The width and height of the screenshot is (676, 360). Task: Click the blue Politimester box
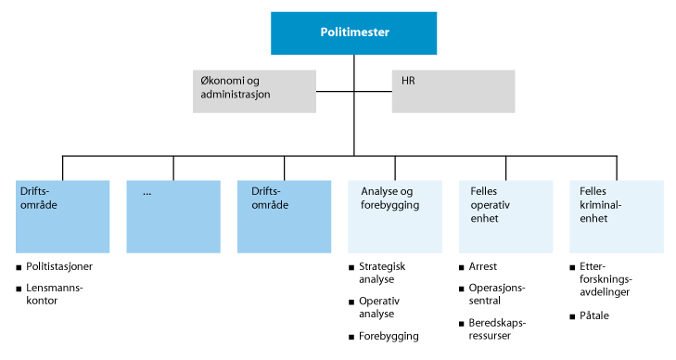(x=353, y=33)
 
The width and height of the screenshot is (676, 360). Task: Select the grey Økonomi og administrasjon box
(x=254, y=91)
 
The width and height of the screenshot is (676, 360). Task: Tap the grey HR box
(x=453, y=91)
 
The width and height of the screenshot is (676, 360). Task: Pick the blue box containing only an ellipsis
(x=172, y=216)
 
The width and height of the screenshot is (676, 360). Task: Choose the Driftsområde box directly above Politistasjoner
(x=62, y=216)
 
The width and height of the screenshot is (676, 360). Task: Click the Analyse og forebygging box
(x=395, y=216)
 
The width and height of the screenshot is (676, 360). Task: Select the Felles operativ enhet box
(x=505, y=216)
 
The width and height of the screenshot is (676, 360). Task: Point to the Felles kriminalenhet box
(x=617, y=216)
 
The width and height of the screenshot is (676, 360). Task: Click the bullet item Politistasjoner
(x=59, y=267)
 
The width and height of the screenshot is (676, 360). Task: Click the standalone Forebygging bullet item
(x=389, y=337)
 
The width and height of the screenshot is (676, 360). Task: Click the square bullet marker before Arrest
(x=461, y=267)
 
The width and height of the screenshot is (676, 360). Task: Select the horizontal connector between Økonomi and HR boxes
(x=353, y=91)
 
